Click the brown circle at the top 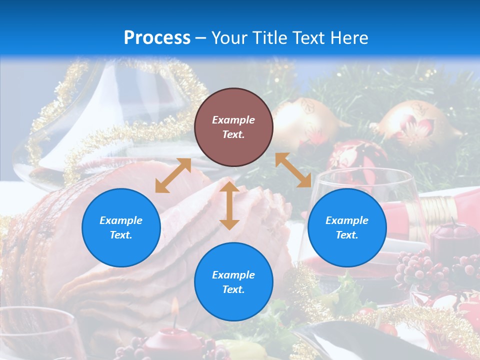(x=233, y=127)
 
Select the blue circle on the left (x=121, y=227)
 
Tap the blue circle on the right (x=347, y=227)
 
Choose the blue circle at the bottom (x=233, y=282)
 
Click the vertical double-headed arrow (x=229, y=205)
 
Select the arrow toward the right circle (x=293, y=170)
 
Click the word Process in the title (x=157, y=38)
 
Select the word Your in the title (x=229, y=38)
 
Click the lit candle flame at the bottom (x=174, y=306)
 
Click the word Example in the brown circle (x=233, y=120)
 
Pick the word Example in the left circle (x=121, y=220)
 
